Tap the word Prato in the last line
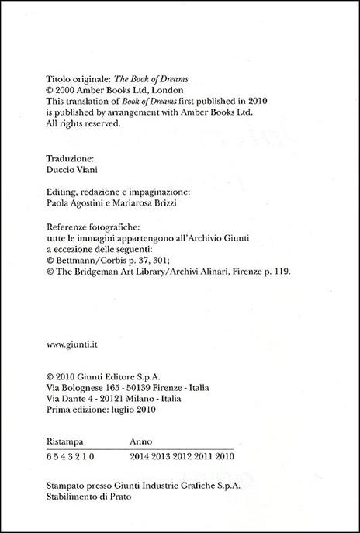[x=119, y=497]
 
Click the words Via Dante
[x=64, y=399]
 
